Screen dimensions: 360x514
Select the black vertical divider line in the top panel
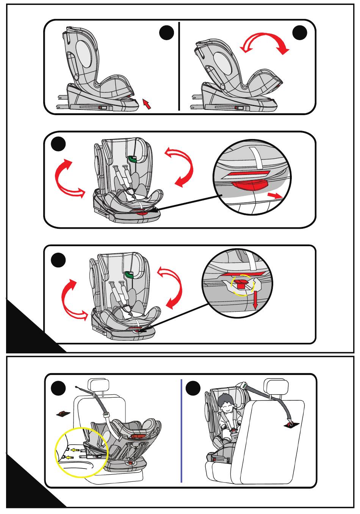[178, 66]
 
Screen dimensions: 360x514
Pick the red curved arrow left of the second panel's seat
[63, 178]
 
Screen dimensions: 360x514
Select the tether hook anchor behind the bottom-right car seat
[291, 424]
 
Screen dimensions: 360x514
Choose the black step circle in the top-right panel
[300, 33]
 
